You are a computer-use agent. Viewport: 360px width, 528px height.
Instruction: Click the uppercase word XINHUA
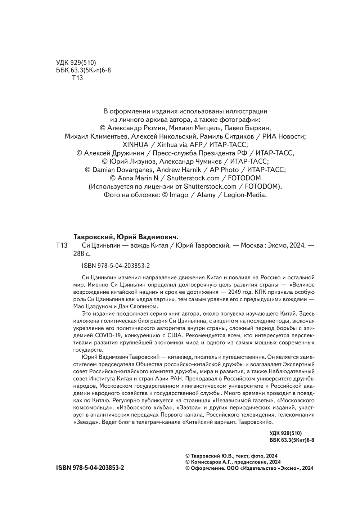coord(136,145)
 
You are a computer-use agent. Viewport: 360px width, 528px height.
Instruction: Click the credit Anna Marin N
coord(140,178)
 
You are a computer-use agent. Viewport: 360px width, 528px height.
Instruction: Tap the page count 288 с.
coord(82,253)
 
